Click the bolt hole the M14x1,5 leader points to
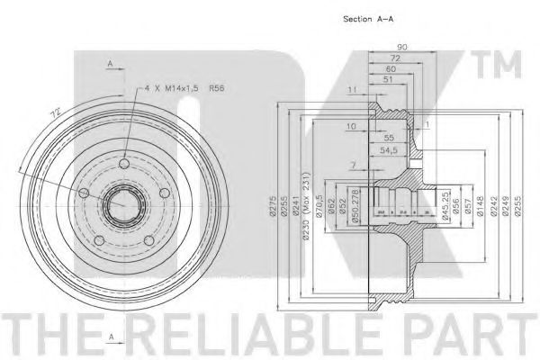pos(123,165)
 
